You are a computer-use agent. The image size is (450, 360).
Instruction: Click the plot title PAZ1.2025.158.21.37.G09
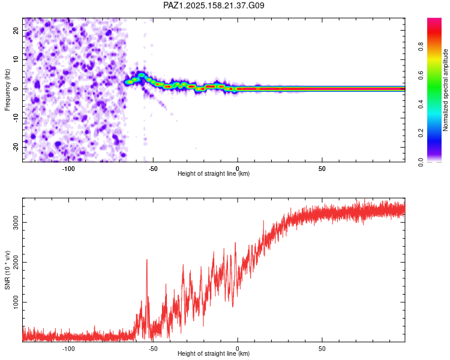click(x=214, y=5)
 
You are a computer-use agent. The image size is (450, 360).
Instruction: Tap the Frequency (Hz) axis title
click(x=7, y=89)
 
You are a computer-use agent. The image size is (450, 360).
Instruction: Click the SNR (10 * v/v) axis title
click(x=7, y=270)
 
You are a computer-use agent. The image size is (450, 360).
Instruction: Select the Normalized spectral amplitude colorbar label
click(x=445, y=90)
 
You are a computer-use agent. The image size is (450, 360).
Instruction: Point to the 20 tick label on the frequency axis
click(x=16, y=30)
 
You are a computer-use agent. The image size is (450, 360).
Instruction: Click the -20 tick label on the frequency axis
click(x=16, y=147)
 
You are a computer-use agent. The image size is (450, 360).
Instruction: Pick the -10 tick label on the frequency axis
click(x=16, y=118)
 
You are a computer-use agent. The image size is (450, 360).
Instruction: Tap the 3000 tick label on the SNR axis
click(x=16, y=223)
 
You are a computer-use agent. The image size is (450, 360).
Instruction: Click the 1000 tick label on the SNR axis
click(x=16, y=302)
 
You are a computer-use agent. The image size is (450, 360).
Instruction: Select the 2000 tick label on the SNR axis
click(x=16, y=262)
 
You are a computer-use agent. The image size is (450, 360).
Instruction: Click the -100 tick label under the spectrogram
click(x=68, y=169)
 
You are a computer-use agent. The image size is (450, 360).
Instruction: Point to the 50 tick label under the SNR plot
click(x=322, y=349)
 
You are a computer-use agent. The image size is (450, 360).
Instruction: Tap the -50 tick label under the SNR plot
click(x=153, y=349)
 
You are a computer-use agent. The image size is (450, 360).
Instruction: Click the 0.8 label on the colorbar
click(x=421, y=47)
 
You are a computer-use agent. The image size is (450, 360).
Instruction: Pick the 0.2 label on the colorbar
click(x=421, y=133)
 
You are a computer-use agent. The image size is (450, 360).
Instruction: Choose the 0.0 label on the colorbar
click(x=421, y=162)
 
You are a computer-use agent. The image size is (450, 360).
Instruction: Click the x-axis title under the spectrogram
click(x=214, y=173)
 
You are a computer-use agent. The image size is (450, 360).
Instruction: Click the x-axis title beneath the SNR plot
click(x=214, y=353)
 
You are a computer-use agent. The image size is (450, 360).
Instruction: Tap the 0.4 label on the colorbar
click(x=421, y=104)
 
